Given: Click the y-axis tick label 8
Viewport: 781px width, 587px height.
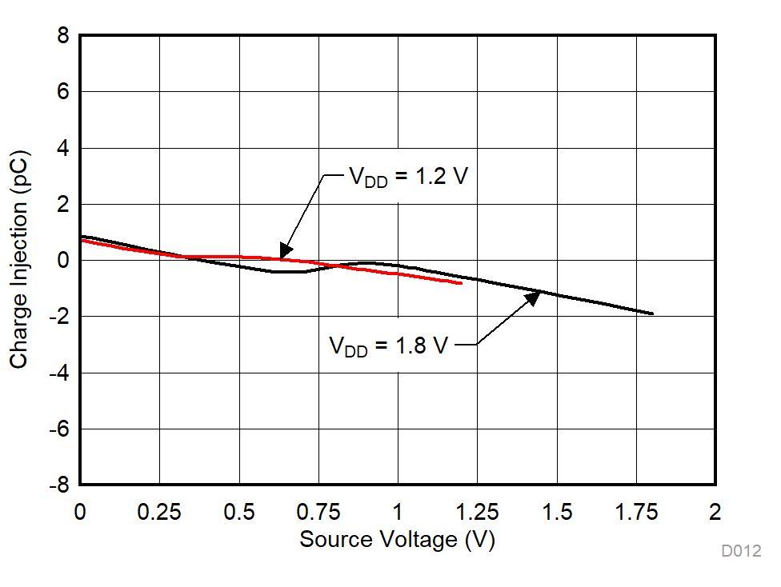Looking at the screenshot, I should pyautogui.click(x=62, y=37).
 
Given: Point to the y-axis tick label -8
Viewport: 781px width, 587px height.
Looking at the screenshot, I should pyautogui.click(x=58, y=485).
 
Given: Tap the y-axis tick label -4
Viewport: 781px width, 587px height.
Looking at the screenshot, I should pyautogui.click(x=58, y=373).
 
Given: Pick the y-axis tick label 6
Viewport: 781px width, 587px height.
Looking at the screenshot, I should pyautogui.click(x=62, y=93).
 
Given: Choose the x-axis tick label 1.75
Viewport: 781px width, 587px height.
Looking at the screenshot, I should pyautogui.click(x=636, y=512).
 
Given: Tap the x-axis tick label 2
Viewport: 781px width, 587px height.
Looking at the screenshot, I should pyautogui.click(x=715, y=512).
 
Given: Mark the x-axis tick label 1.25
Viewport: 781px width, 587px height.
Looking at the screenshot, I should pyautogui.click(x=477, y=512).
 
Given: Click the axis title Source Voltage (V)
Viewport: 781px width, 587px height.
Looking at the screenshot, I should pyautogui.click(x=398, y=540).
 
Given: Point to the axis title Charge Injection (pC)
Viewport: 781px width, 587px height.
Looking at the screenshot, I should pyautogui.click(x=19, y=260).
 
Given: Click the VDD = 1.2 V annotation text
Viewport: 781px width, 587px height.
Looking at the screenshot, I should pyautogui.click(x=407, y=177).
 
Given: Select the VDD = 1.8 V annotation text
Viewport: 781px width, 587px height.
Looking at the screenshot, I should pyautogui.click(x=388, y=346).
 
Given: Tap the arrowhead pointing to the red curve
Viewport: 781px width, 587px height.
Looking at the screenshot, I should pyautogui.click(x=285, y=253).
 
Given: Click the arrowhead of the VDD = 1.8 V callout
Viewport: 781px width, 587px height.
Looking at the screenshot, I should pyautogui.click(x=533, y=298).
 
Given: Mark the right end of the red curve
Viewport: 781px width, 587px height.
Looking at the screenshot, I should pyautogui.click(x=462, y=283).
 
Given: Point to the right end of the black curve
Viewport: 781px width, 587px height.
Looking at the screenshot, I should pyautogui.click(x=652, y=313).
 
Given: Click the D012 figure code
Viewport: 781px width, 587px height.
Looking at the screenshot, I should pyautogui.click(x=741, y=551).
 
